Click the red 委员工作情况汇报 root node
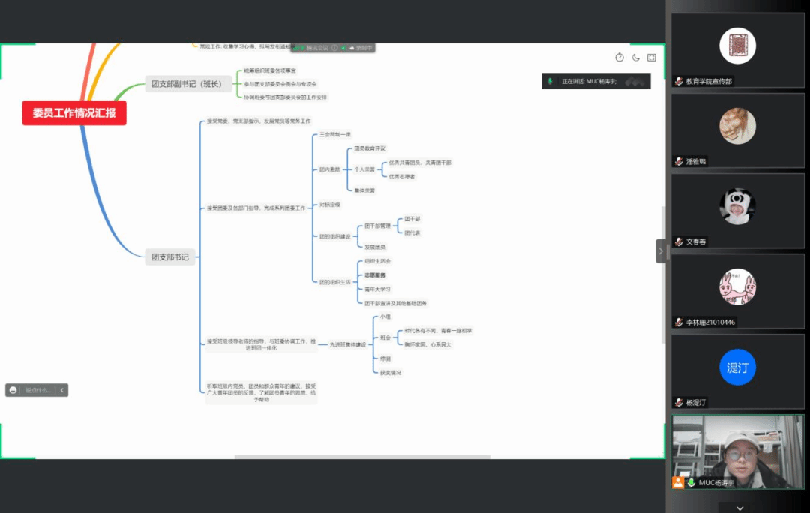coord(74,113)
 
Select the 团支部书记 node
coord(170,257)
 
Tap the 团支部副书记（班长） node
coord(187,84)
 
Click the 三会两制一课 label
coord(335,134)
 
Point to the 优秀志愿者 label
coord(402,176)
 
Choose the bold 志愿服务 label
coord(375,275)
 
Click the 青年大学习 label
coord(378,289)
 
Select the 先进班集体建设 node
coord(348,344)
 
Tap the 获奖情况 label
coord(391,373)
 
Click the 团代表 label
coord(412,232)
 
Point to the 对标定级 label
coord(330,205)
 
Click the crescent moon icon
coord(636,58)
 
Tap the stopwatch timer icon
coord(619,58)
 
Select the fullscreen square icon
coord(652,58)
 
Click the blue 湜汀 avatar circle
coord(737,367)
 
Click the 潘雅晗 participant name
coord(695,161)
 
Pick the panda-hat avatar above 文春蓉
coord(737,206)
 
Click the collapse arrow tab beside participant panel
coord(661,251)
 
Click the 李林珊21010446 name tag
coord(709,322)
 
